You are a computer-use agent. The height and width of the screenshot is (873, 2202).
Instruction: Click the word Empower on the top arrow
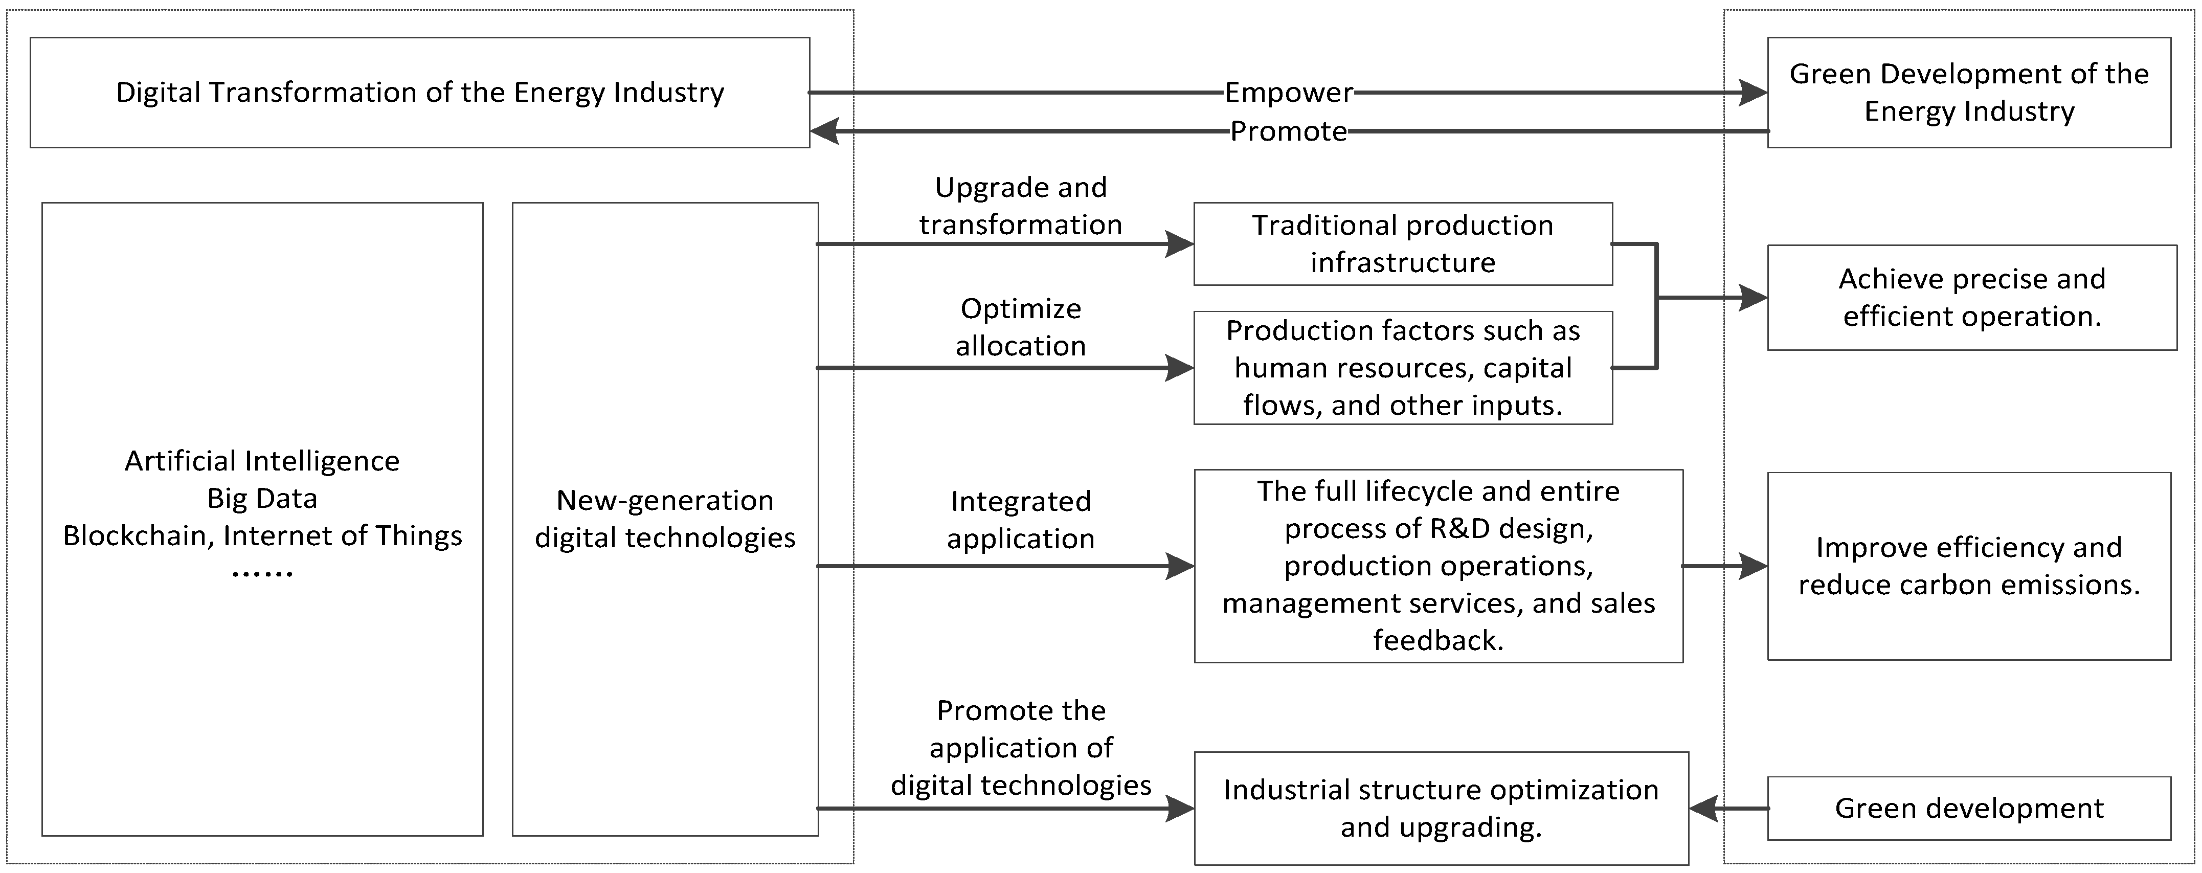coord(1288,93)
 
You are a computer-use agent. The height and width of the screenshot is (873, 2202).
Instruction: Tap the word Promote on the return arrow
coord(1288,131)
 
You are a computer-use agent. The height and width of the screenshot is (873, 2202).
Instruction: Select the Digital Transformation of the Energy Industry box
coord(420,93)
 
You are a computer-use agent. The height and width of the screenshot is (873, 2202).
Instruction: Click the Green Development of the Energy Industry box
coord(1969,93)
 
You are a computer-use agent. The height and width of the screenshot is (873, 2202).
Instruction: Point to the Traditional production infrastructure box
coord(1403,243)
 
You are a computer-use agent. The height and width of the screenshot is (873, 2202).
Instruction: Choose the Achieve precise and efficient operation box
coord(1971,298)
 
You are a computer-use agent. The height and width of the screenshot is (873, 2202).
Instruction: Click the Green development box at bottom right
coord(1969,808)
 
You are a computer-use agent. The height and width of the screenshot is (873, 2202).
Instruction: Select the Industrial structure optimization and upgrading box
coord(1441,808)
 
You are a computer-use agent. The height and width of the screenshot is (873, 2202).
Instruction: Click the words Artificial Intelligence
coord(262,461)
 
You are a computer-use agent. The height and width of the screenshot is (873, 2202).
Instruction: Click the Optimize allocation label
coord(1021,327)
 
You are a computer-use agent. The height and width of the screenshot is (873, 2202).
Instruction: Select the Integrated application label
coord(1021,519)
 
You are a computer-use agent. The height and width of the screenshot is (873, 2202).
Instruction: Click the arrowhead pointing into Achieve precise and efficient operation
coord(1754,298)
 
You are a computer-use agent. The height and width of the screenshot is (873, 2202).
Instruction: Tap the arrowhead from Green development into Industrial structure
coord(1703,808)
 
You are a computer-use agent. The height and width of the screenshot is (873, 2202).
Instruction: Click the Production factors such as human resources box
coord(1403,368)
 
